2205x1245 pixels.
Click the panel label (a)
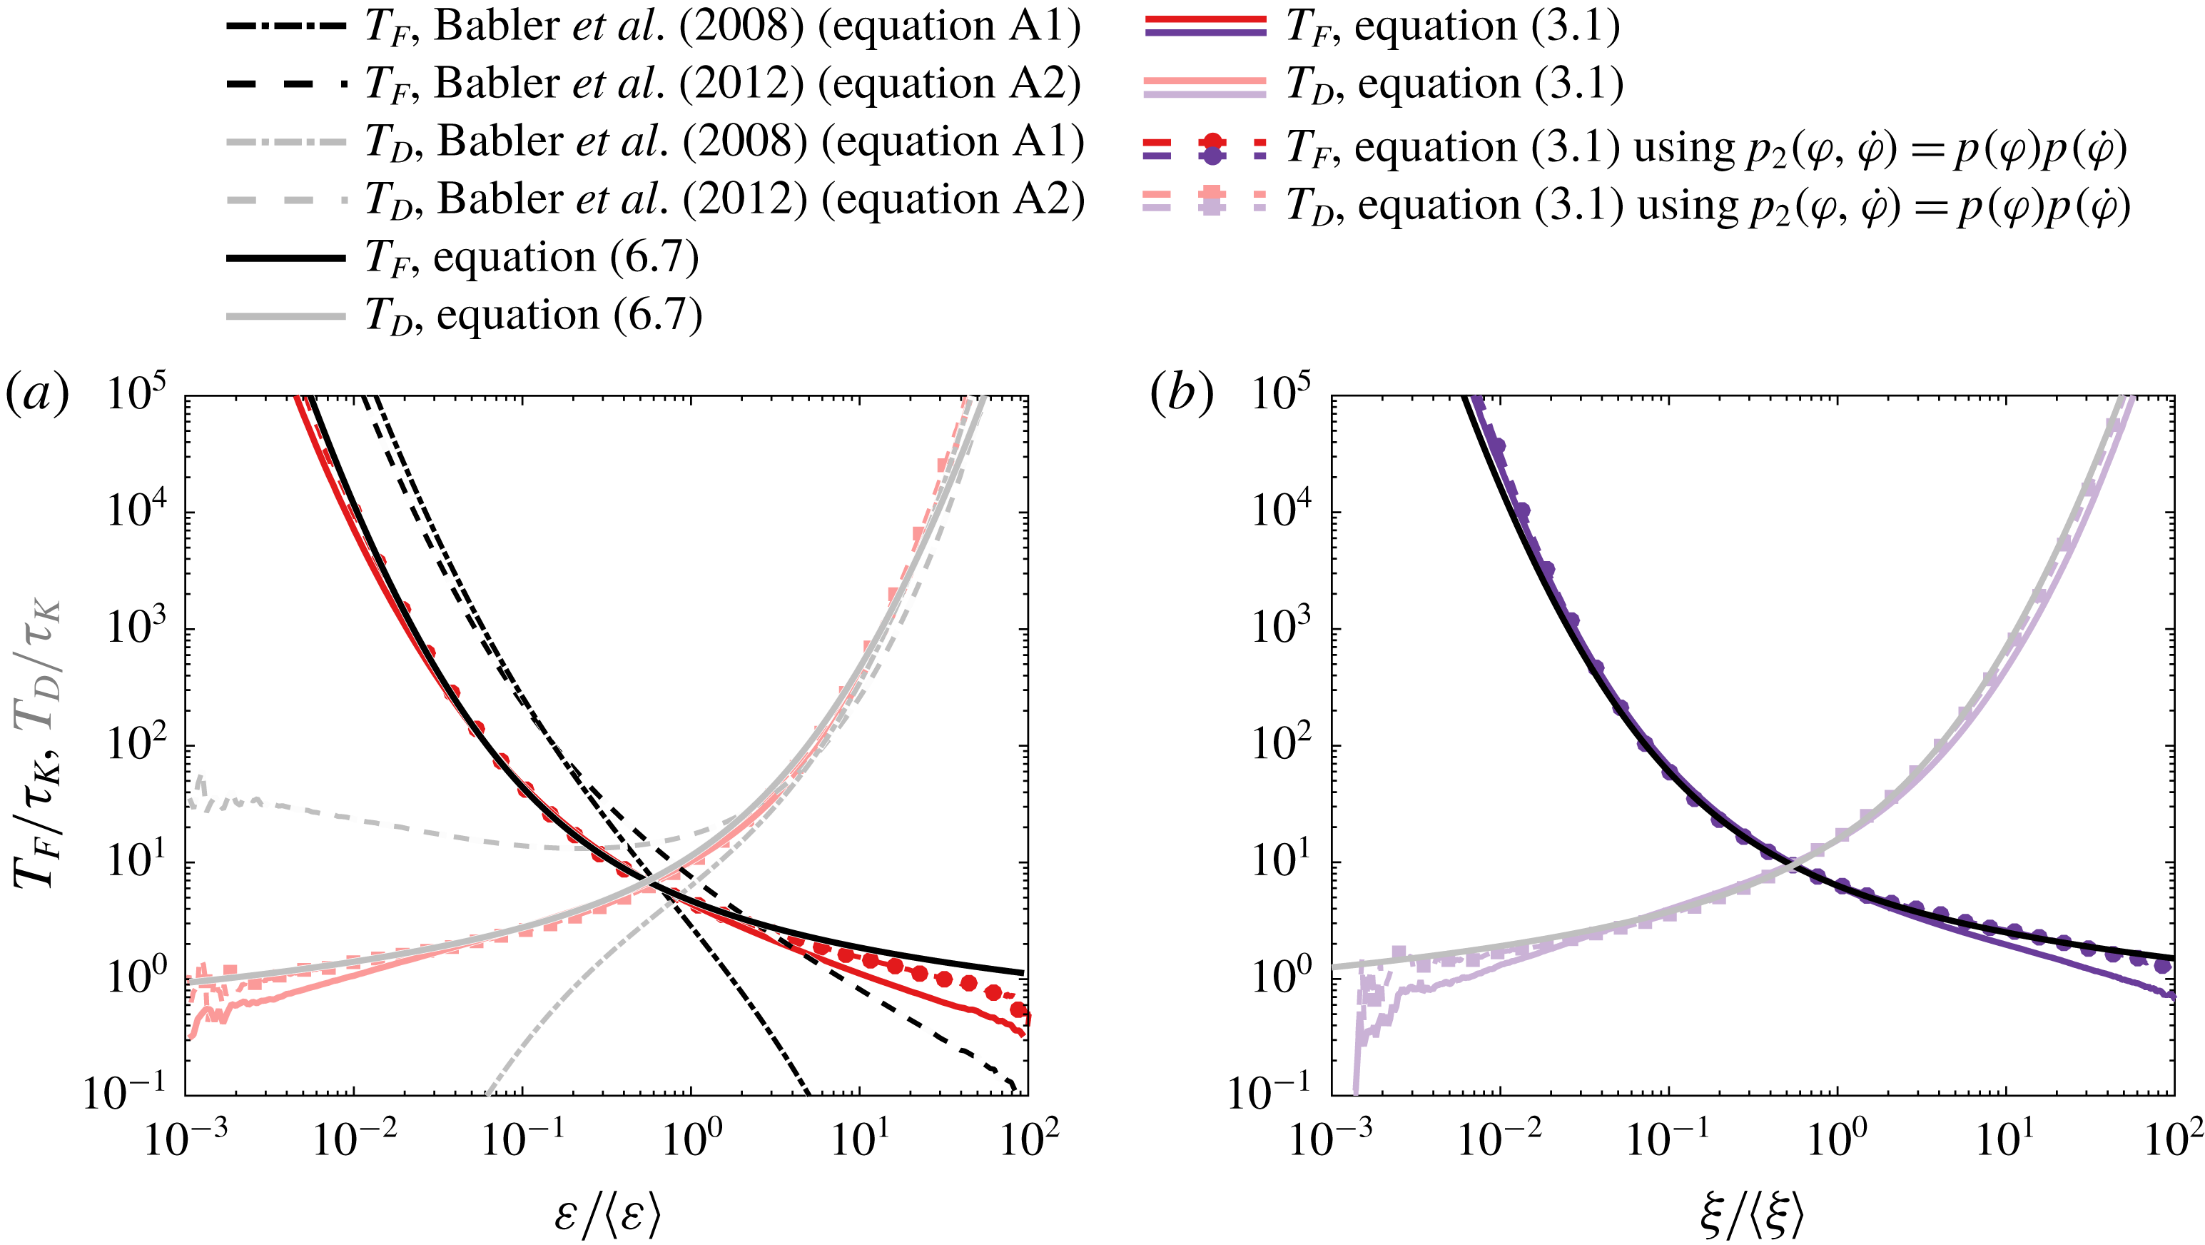pyautogui.click(x=37, y=395)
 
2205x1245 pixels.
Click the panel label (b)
pyautogui.click(x=1181, y=395)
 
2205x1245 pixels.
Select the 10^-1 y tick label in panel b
pyautogui.click(x=1269, y=1094)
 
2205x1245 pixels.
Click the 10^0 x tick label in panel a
pyautogui.click(x=691, y=1139)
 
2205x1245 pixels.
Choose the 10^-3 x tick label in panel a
pyautogui.click(x=185, y=1139)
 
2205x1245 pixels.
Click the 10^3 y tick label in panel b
pyautogui.click(x=1282, y=627)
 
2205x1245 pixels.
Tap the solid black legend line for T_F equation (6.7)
pyautogui.click(x=285, y=258)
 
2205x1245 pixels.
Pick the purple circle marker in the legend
pyautogui.click(x=1212, y=156)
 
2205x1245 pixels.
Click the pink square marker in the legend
pyautogui.click(x=1212, y=196)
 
